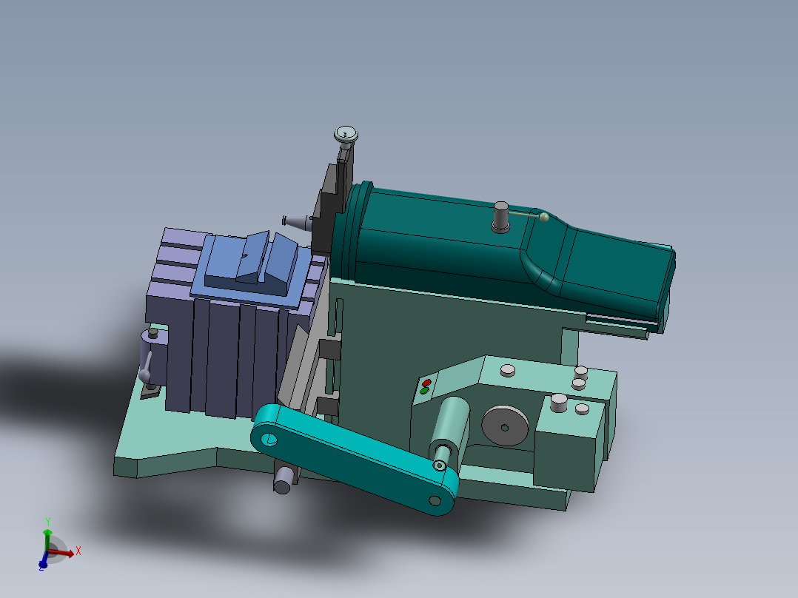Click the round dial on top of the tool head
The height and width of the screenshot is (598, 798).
tap(346, 134)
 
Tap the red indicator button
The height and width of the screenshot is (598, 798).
tap(426, 383)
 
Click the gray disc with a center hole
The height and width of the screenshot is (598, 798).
tap(505, 426)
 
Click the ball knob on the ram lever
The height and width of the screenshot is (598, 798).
tap(544, 217)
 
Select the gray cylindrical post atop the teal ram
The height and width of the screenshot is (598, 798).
tap(501, 216)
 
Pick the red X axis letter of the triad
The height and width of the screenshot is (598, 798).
tap(78, 551)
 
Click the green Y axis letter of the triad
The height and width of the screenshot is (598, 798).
tap(47, 521)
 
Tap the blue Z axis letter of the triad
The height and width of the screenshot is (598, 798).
tap(41, 566)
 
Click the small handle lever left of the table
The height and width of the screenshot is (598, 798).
tap(148, 363)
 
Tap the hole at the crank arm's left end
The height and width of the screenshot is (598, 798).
tap(269, 440)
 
